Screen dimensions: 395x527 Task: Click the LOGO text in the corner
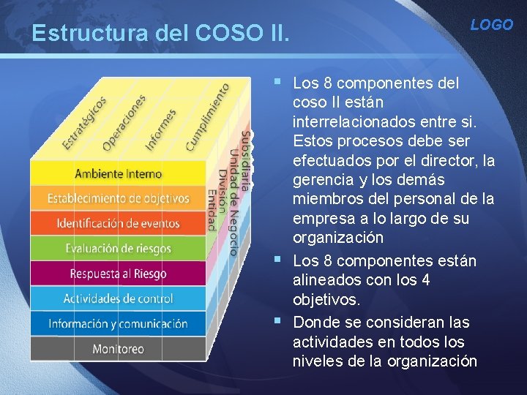coord(491,25)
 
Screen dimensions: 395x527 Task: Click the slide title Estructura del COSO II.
coord(161,34)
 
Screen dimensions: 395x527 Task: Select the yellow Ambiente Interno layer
coord(118,174)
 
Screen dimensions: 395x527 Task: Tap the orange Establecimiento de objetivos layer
coord(118,198)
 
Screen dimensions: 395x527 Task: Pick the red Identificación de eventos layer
coord(118,223)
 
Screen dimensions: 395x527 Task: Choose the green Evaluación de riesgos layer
coord(118,249)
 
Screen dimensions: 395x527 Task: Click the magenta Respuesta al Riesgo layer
coord(118,274)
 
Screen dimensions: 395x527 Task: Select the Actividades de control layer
coord(118,298)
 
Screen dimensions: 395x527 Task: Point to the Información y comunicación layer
coord(118,323)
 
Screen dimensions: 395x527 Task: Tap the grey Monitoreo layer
coord(118,349)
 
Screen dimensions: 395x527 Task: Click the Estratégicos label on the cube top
coord(84,122)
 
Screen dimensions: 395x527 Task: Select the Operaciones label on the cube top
coord(124,121)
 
